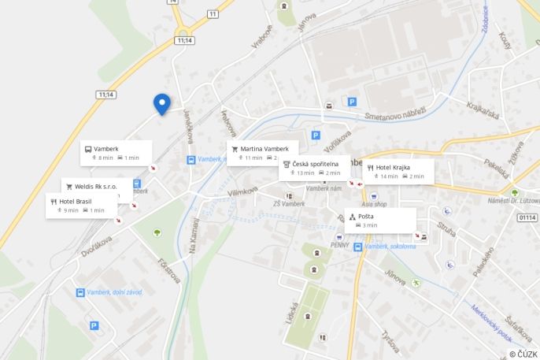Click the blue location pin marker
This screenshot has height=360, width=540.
tap(161, 103)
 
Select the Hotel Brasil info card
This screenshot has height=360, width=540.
tap(82, 206)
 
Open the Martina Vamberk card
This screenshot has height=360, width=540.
tap(265, 152)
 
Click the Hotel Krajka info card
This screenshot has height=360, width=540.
tap(398, 171)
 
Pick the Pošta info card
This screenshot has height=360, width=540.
tap(380, 220)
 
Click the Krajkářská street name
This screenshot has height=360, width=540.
tap(483, 111)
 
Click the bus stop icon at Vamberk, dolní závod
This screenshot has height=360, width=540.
tap(80, 292)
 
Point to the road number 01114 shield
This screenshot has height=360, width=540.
tap(527, 217)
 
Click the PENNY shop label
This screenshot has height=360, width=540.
tap(339, 245)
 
